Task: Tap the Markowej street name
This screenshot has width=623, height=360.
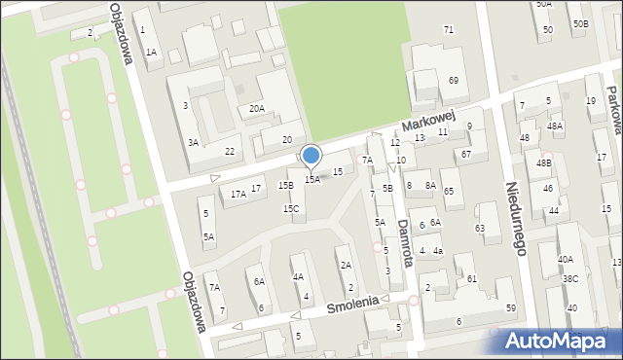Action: coord(429,122)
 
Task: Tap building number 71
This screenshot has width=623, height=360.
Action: coord(449,30)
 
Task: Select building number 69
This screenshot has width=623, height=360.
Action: coord(454,79)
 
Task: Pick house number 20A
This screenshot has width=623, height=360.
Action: coord(256,109)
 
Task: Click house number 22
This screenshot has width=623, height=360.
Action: coord(230,151)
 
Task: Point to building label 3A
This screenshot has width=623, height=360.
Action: coord(194,142)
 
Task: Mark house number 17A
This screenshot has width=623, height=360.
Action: coord(238,194)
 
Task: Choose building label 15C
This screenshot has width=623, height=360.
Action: coord(291,208)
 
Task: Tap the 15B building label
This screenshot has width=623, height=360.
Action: coord(285,185)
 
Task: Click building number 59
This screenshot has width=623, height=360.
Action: coord(511,308)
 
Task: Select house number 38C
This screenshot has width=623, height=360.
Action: coord(569,279)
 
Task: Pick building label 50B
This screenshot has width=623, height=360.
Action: coord(580,23)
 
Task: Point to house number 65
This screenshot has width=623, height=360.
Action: coord(449,192)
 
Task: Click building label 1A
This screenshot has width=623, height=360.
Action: coord(151,53)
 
